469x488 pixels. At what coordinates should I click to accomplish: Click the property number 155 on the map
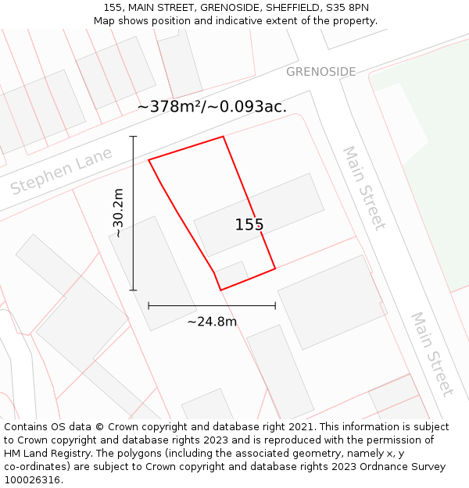tap(249, 225)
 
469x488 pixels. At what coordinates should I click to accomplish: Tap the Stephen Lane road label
tap(62, 173)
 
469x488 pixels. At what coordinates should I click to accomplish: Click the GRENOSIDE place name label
tap(320, 72)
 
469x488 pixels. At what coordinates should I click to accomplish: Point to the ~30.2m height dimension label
tap(118, 212)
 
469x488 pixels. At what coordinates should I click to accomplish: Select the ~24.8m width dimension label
tap(212, 321)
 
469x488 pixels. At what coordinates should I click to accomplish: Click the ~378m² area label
tap(212, 106)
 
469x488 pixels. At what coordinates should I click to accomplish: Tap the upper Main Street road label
tap(364, 188)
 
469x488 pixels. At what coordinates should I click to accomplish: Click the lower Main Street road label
tap(432, 354)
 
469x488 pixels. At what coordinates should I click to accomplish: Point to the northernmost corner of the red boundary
tap(224, 137)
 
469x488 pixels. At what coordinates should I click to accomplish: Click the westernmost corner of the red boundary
tap(149, 160)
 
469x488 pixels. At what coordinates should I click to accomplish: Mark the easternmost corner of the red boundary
tap(275, 269)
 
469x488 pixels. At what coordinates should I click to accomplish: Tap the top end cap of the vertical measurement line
tap(133, 137)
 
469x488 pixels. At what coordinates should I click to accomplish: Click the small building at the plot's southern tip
tap(232, 274)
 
